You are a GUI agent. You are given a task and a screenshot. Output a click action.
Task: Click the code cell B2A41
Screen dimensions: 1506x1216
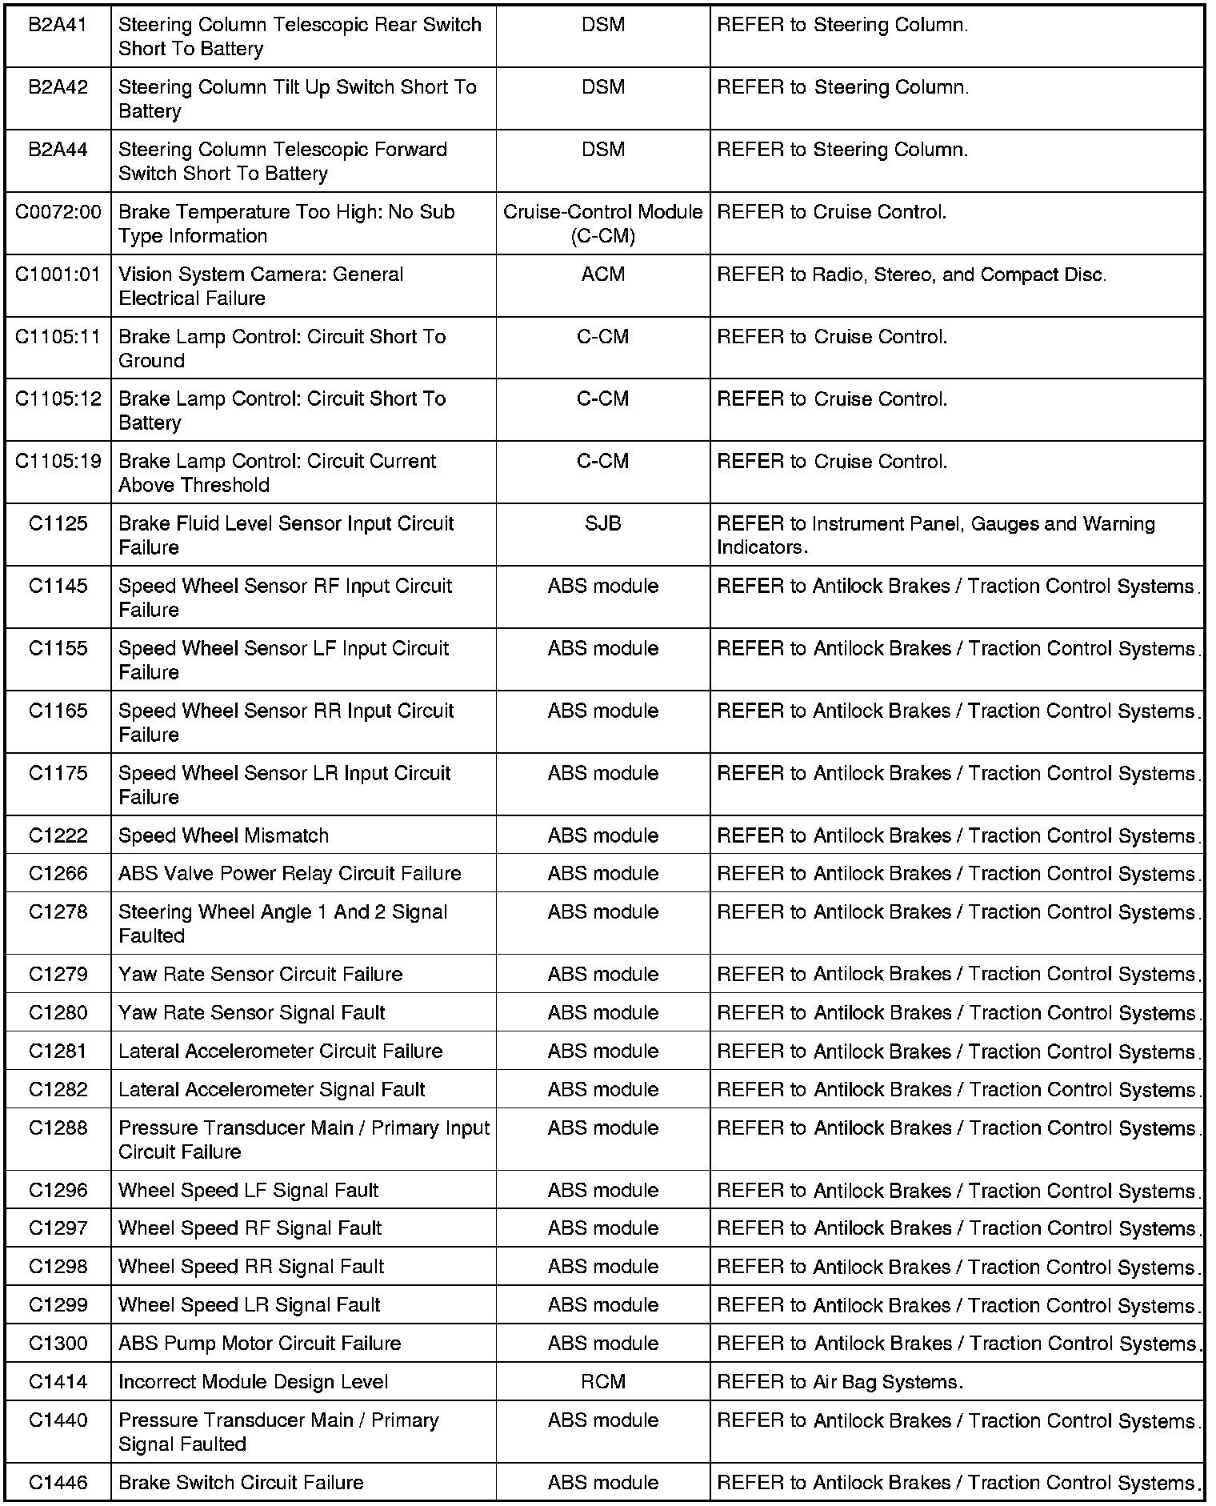58,26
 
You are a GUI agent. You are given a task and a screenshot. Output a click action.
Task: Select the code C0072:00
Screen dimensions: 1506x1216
58,212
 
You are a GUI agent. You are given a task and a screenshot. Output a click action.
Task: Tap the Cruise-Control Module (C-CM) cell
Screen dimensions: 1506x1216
602,224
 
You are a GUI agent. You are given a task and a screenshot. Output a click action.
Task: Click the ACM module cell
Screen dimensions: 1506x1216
602,274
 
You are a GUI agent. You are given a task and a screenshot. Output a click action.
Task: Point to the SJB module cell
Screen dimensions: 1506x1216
602,524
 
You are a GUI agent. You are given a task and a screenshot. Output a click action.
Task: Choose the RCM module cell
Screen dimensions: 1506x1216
602,1382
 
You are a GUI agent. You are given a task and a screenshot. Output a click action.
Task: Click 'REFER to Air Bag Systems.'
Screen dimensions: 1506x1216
840,1382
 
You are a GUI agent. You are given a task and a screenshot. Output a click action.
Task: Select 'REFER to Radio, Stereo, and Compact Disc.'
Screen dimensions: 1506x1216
911,275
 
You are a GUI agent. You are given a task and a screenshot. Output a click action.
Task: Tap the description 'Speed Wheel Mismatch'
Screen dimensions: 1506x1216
223,836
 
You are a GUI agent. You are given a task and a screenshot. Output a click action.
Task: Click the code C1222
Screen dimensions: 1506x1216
58,836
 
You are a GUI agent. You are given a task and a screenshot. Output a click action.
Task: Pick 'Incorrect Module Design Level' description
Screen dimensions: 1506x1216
253,1382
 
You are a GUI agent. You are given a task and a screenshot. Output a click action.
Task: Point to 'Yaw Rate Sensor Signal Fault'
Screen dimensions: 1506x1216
251,1013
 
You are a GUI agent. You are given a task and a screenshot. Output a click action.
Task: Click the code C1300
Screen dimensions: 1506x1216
58,1344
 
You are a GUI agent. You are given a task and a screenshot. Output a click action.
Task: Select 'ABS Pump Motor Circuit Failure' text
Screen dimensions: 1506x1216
259,1344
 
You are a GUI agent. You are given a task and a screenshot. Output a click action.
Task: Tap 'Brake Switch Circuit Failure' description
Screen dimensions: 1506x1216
241,1483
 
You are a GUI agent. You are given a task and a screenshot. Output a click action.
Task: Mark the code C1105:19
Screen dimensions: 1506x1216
58,462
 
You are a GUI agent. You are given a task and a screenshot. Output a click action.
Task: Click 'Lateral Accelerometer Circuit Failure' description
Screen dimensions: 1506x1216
280,1051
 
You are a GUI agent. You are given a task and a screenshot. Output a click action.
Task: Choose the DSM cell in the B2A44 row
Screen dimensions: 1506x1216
602,150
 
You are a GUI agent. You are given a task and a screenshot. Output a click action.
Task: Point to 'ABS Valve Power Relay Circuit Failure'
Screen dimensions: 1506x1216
290,874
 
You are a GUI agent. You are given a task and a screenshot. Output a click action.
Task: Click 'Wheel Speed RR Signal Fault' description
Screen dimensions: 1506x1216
251,1267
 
